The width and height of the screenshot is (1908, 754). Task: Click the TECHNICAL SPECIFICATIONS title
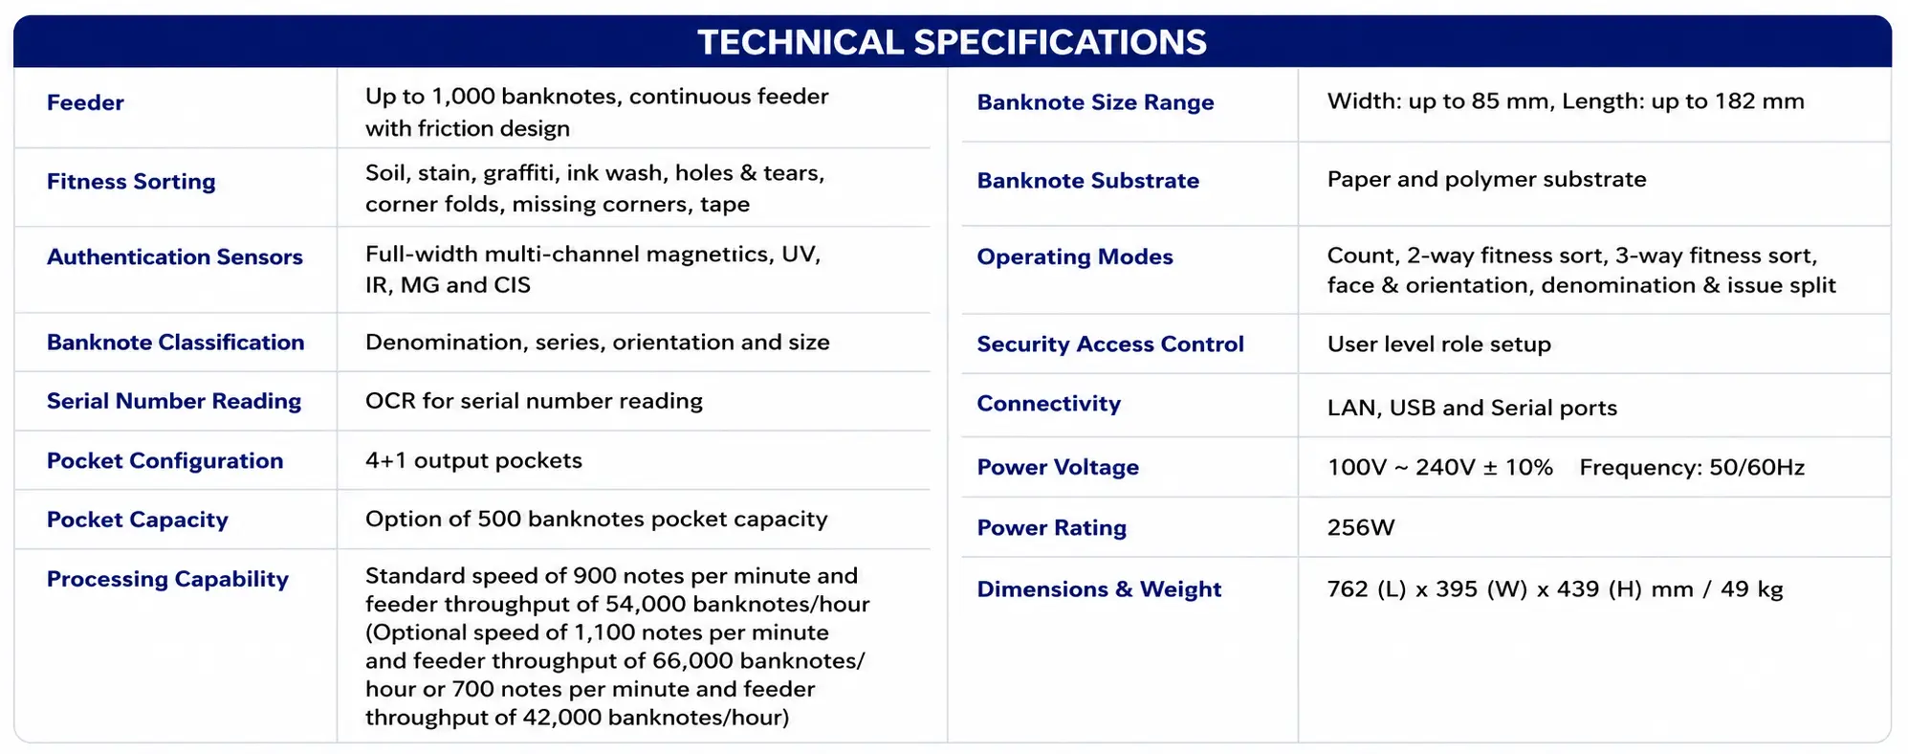tap(952, 42)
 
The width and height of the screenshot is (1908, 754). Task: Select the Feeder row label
tap(85, 102)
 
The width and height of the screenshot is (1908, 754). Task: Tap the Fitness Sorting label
tap(131, 182)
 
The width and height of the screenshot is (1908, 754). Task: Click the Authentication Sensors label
tap(175, 256)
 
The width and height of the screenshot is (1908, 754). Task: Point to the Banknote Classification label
tap(176, 343)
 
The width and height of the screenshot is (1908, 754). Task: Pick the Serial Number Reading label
tap(174, 401)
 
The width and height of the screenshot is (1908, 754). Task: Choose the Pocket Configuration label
tap(165, 460)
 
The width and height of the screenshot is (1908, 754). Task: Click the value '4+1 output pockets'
tap(473, 460)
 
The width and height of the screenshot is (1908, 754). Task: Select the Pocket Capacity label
tap(138, 520)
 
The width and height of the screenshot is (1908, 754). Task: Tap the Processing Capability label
tap(167, 579)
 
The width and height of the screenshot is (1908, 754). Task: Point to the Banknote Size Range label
tap(1095, 102)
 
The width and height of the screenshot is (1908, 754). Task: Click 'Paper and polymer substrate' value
tap(1486, 180)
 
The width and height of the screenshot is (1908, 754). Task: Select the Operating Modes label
tap(1075, 256)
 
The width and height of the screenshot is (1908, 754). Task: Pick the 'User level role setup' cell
tap(1438, 344)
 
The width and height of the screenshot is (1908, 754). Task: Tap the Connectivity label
tap(1048, 404)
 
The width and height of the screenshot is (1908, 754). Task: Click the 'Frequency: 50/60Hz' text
tap(1692, 468)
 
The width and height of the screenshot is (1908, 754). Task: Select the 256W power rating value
tap(1361, 527)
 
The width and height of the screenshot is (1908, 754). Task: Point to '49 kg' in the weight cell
tap(1752, 589)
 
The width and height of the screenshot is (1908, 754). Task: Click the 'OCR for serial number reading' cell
tap(534, 401)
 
